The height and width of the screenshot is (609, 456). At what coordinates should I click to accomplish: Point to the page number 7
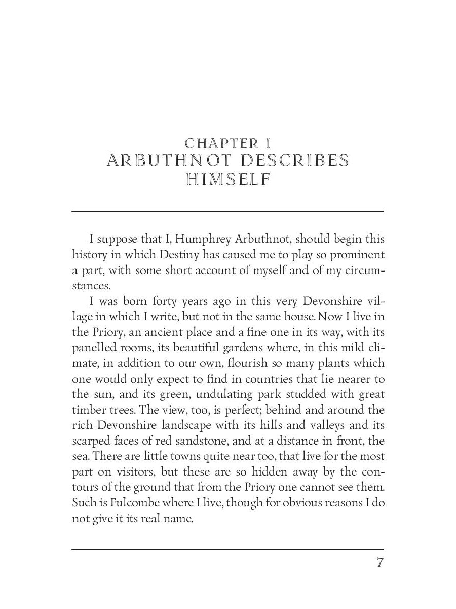pyautogui.click(x=379, y=563)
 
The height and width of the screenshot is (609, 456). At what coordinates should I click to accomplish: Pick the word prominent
pyautogui.click(x=355, y=254)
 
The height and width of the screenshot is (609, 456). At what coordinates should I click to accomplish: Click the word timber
pyautogui.click(x=89, y=411)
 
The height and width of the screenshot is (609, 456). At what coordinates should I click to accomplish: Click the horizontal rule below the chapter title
pyautogui.click(x=227, y=211)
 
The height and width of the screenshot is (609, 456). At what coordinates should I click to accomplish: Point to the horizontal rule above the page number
pyautogui.click(x=227, y=549)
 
